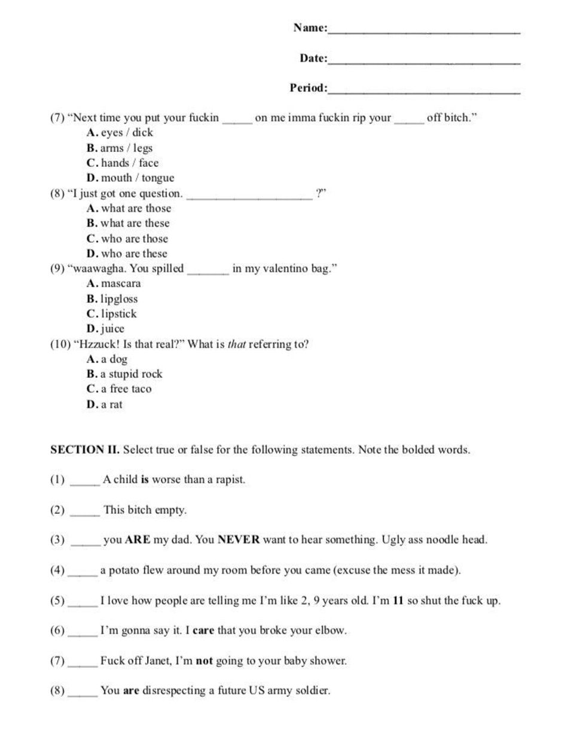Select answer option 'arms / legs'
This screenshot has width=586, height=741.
[x=126, y=148]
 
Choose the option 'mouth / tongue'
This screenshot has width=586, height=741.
[x=138, y=178]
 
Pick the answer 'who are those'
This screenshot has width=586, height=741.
[x=135, y=239]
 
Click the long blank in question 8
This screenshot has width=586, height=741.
[x=249, y=196]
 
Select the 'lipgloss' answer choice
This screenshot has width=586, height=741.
[x=119, y=299]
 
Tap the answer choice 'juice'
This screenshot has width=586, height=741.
[x=112, y=329]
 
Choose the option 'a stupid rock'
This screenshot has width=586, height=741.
[x=132, y=374]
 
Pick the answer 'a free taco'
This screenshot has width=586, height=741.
[x=126, y=389]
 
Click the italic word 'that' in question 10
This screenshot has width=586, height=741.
[x=236, y=344]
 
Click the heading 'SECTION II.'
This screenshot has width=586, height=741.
[x=85, y=450]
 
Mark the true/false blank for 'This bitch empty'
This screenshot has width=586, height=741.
[x=85, y=512]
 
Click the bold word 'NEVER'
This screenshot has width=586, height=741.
[x=239, y=540]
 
